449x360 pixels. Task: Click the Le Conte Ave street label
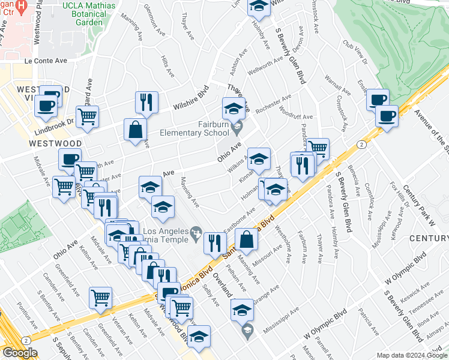click(46, 61)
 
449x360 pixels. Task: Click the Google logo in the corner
click(19, 353)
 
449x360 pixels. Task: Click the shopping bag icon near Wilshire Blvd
click(136, 130)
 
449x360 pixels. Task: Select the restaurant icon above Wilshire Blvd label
click(146, 103)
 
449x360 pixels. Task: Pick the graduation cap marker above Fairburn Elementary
click(234, 109)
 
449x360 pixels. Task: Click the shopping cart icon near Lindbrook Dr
click(88, 117)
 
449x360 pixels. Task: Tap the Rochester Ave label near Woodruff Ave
click(273, 104)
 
